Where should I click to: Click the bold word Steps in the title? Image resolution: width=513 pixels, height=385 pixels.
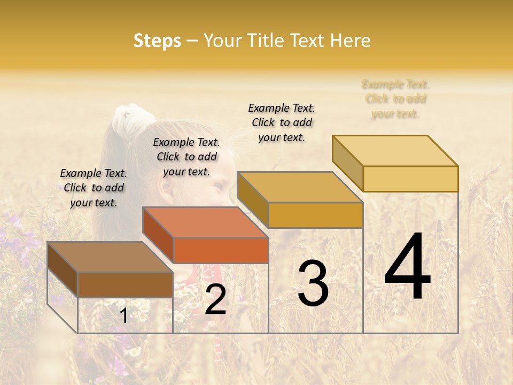[157, 41]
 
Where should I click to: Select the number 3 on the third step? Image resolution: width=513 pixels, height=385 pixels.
[313, 284]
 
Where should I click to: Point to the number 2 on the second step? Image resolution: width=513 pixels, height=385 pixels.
[215, 299]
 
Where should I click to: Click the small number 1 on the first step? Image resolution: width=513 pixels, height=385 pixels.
[123, 316]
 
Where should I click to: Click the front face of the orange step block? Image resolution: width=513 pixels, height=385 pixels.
[221, 250]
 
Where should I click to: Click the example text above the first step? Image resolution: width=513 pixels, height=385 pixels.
[94, 188]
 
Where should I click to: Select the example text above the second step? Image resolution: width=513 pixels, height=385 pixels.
[186, 157]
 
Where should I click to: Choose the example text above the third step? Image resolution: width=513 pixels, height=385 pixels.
[282, 122]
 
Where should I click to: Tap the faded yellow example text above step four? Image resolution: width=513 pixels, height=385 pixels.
[395, 99]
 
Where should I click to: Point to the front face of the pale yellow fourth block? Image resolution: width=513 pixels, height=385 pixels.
[410, 179]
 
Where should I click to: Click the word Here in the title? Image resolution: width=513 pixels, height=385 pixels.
[351, 41]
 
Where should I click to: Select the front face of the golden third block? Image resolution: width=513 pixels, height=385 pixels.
[315, 215]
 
